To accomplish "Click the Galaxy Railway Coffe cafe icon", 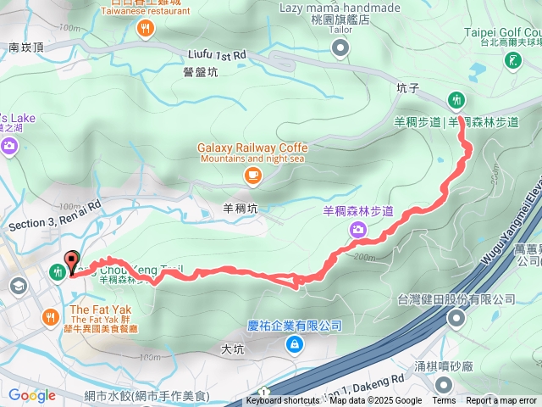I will click(252, 176).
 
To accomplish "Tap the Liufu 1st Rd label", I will click(217, 54).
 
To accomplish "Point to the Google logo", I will click(31, 395).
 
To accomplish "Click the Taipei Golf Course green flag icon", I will click(512, 60).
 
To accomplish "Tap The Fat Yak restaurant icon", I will click(52, 317).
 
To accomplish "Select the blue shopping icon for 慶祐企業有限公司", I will click(294, 343).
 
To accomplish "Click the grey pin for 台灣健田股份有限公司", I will click(457, 319).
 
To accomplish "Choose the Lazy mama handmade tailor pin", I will click(340, 48).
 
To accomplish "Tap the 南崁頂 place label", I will click(25, 48).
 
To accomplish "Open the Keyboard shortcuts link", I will click(283, 401).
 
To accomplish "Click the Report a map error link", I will click(501, 401).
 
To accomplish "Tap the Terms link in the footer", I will click(444, 401).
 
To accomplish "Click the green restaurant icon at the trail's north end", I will click(456, 100).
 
